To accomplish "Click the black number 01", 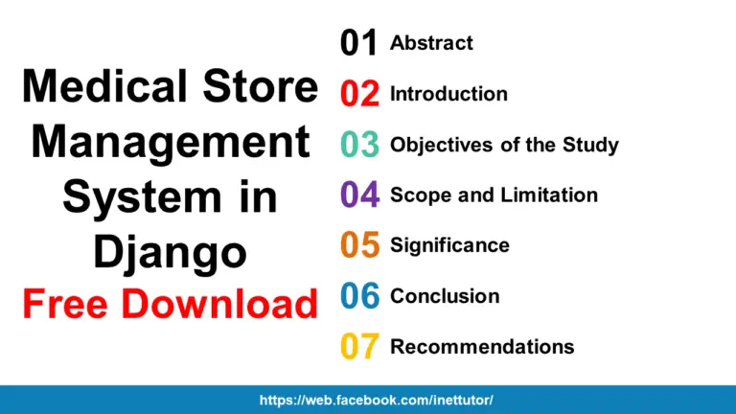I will pos(360,43).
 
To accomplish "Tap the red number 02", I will pos(360,94).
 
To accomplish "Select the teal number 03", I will pos(360,145).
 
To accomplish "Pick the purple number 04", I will pos(360,195).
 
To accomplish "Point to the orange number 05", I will pos(360,245).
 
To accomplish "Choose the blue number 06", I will pos(360,296).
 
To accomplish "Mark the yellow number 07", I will pos(360,347).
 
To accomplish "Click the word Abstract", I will pos(431,43).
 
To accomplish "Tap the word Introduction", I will pos(448,94).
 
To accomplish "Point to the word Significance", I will pos(449,245).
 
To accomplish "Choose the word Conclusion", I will pos(445,296).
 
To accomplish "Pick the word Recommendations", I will pos(482,347).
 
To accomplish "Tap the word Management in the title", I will pos(171,143).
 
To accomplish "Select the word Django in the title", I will pos(170,252).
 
